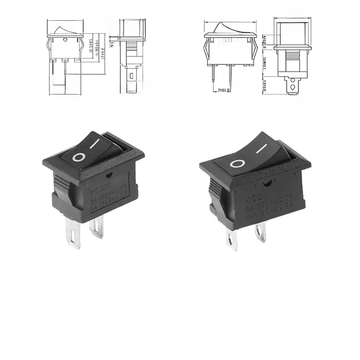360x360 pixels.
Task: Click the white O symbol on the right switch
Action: point(237,163)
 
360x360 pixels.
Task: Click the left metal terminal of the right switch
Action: point(232,240)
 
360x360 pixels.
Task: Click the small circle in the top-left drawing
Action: point(66,40)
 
